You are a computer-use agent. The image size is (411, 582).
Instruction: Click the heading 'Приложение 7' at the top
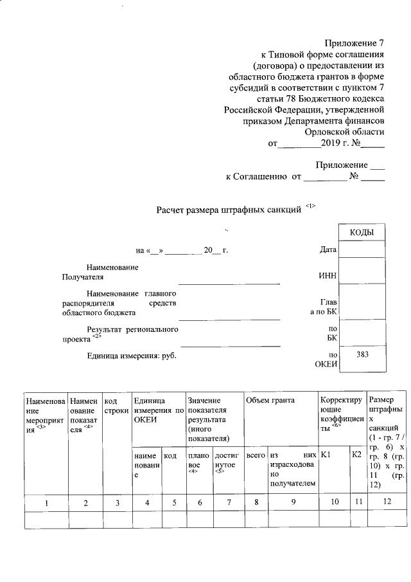(354, 43)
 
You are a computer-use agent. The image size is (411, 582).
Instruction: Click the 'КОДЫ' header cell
(362, 233)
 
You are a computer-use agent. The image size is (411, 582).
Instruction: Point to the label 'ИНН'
(328, 276)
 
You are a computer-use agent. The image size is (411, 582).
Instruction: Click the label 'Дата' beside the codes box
(328, 250)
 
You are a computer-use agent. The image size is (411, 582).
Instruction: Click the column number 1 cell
(46, 502)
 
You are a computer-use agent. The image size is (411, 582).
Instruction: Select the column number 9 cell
(292, 502)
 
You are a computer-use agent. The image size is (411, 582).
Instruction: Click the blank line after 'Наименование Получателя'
(229, 282)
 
